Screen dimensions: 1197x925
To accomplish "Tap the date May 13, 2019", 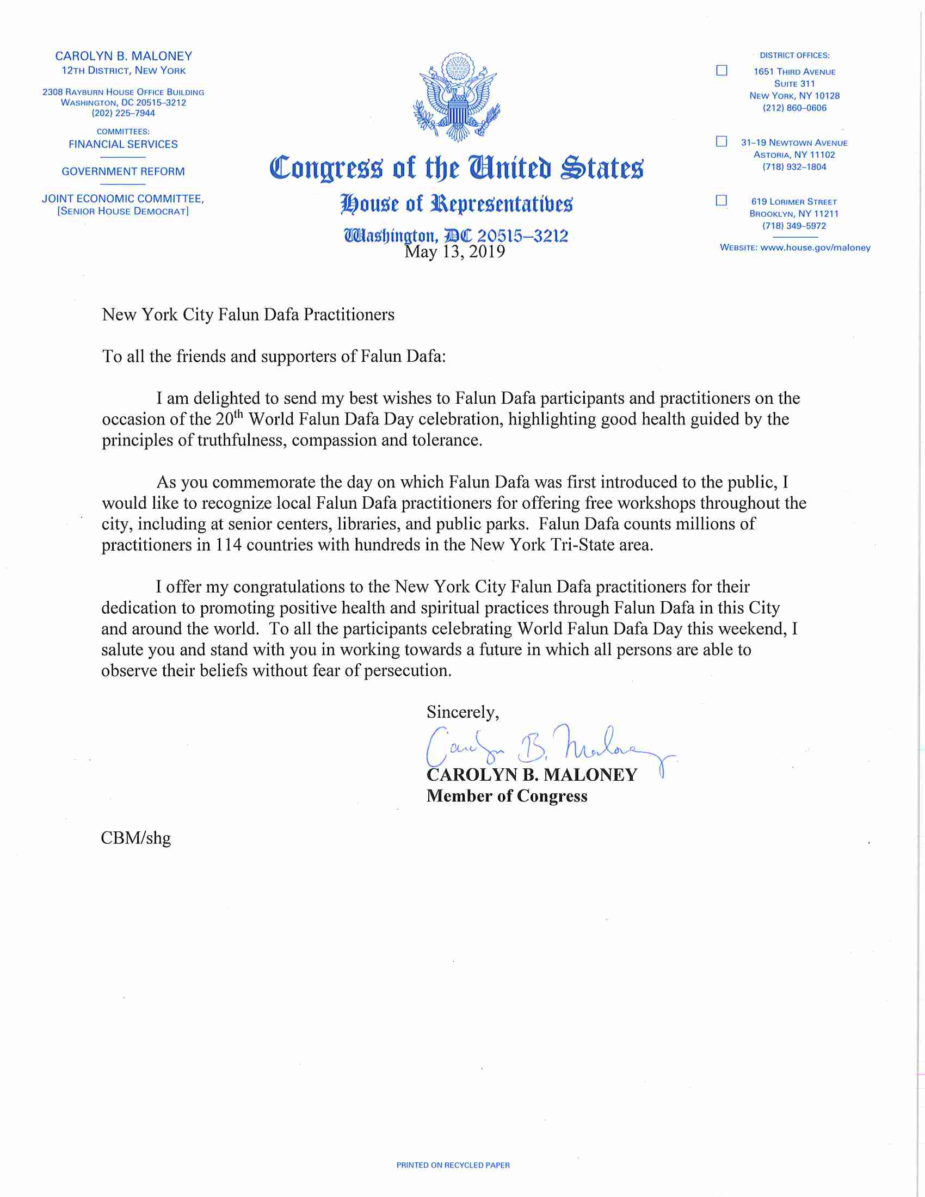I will tap(454, 251).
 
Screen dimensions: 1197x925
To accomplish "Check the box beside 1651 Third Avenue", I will tap(721, 71).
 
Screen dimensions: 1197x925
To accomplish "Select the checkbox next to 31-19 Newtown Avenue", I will tap(721, 141).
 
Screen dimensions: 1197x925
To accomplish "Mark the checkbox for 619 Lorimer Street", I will tap(721, 200).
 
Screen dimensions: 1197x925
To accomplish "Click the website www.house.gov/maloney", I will tap(815, 248).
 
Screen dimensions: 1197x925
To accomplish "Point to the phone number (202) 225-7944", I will tap(124, 114).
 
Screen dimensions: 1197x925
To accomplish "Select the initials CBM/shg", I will tap(136, 838).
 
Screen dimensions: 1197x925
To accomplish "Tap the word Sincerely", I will tap(462, 713).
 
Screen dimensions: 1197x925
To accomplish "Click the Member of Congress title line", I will tap(507, 796).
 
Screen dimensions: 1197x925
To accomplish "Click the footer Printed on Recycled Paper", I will tap(453, 1165).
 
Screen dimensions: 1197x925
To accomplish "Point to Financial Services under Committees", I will tap(124, 145).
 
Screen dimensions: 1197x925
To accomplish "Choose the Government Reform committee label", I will tap(124, 172).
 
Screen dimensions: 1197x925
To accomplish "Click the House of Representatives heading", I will tap(456, 204).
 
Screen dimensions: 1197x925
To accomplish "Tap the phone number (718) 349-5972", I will tap(794, 226).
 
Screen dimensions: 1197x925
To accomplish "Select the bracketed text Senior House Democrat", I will tap(124, 212).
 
